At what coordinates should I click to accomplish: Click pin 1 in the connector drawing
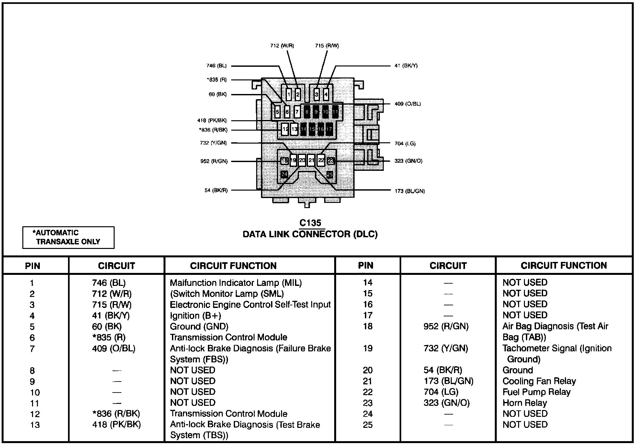pyautogui.click(x=289, y=95)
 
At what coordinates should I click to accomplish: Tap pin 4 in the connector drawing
pyautogui.click(x=326, y=95)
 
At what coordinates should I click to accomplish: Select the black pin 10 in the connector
pyautogui.click(x=325, y=112)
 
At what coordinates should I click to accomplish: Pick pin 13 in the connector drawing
pyautogui.click(x=294, y=129)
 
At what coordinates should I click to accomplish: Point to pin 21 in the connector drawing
pyautogui.click(x=311, y=160)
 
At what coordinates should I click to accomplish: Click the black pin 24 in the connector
pyautogui.click(x=284, y=175)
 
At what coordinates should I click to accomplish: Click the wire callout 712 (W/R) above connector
pyautogui.click(x=282, y=46)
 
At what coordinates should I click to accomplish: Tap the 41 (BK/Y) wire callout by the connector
pyautogui.click(x=406, y=66)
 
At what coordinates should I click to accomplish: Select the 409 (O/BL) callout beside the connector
pyautogui.click(x=408, y=104)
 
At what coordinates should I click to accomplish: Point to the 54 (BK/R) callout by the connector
pyautogui.click(x=216, y=191)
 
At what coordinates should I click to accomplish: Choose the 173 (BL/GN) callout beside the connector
pyautogui.click(x=410, y=191)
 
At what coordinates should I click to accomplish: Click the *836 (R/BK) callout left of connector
pyautogui.click(x=213, y=130)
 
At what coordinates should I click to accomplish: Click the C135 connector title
pyautogui.click(x=310, y=223)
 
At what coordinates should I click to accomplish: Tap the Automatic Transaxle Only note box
pyautogui.click(x=68, y=237)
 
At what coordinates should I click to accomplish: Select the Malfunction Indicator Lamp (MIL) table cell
pyautogui.click(x=236, y=283)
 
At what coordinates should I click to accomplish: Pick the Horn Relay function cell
pyautogui.click(x=525, y=403)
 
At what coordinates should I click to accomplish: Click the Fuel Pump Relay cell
pyautogui.click(x=536, y=392)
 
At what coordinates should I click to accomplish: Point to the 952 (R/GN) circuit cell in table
pyautogui.click(x=446, y=326)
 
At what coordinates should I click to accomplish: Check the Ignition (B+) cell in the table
pyautogui.click(x=195, y=316)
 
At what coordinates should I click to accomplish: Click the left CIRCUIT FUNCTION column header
pyautogui.click(x=233, y=266)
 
